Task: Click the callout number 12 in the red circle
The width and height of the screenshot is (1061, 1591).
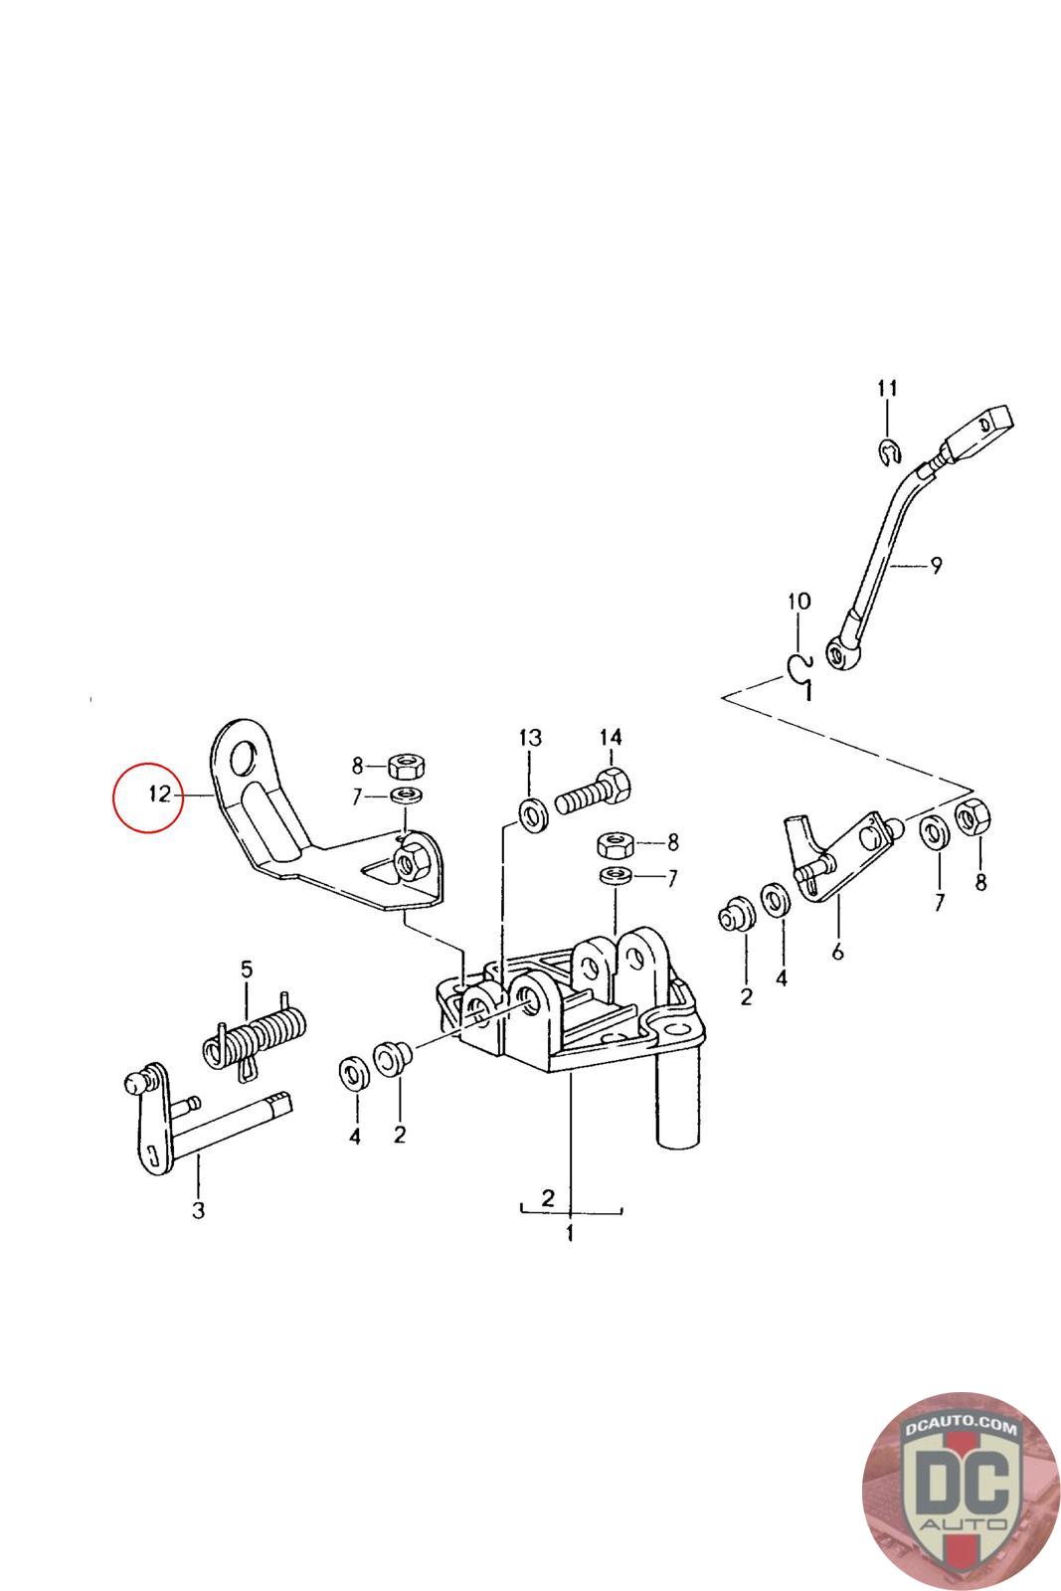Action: [x=160, y=795]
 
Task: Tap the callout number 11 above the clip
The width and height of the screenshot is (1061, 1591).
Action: [x=887, y=388]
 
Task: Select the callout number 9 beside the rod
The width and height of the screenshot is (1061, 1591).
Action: [x=935, y=566]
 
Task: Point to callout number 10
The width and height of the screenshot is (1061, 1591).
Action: [x=798, y=601]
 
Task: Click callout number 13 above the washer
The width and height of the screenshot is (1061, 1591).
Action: [x=530, y=737]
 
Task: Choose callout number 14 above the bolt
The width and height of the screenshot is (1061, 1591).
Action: [x=610, y=737]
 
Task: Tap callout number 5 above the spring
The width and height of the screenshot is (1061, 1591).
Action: [x=247, y=968]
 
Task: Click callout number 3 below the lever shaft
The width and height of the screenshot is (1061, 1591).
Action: [x=198, y=1210]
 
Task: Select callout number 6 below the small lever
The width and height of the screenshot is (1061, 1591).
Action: [x=837, y=952]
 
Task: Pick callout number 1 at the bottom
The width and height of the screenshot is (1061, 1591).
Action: [x=570, y=1234]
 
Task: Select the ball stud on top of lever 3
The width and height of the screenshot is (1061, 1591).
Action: [x=139, y=1081]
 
